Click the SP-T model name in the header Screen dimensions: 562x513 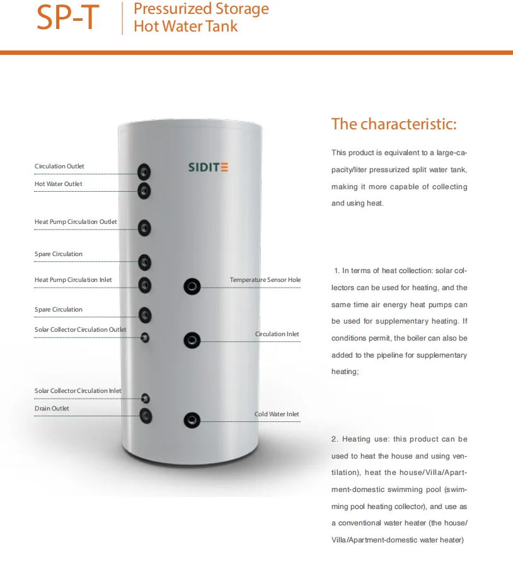click(x=67, y=18)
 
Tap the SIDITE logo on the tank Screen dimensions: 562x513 click(x=208, y=168)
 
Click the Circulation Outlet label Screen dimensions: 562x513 click(x=59, y=167)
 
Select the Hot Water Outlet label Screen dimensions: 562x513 click(x=59, y=184)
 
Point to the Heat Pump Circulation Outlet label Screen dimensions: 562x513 click(x=76, y=222)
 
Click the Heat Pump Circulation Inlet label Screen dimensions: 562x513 click(x=74, y=279)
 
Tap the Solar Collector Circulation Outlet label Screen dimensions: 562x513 click(x=80, y=329)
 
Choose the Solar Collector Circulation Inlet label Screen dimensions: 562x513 click(x=78, y=391)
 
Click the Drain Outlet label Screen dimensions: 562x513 click(x=52, y=409)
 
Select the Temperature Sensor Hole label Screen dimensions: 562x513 click(x=265, y=279)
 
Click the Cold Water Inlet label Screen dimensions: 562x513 click(x=277, y=414)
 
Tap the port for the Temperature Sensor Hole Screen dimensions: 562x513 click(x=192, y=287)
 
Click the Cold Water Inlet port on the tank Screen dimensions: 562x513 click(x=191, y=420)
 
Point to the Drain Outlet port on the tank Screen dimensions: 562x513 click(x=146, y=415)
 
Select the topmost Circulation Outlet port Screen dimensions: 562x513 click(x=145, y=172)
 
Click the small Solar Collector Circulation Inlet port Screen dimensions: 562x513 click(x=146, y=398)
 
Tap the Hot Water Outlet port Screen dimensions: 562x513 click(x=145, y=190)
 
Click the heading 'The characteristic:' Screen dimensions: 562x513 click(x=393, y=124)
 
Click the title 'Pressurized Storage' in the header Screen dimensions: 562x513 click(x=201, y=9)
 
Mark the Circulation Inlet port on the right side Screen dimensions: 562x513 click(x=192, y=341)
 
